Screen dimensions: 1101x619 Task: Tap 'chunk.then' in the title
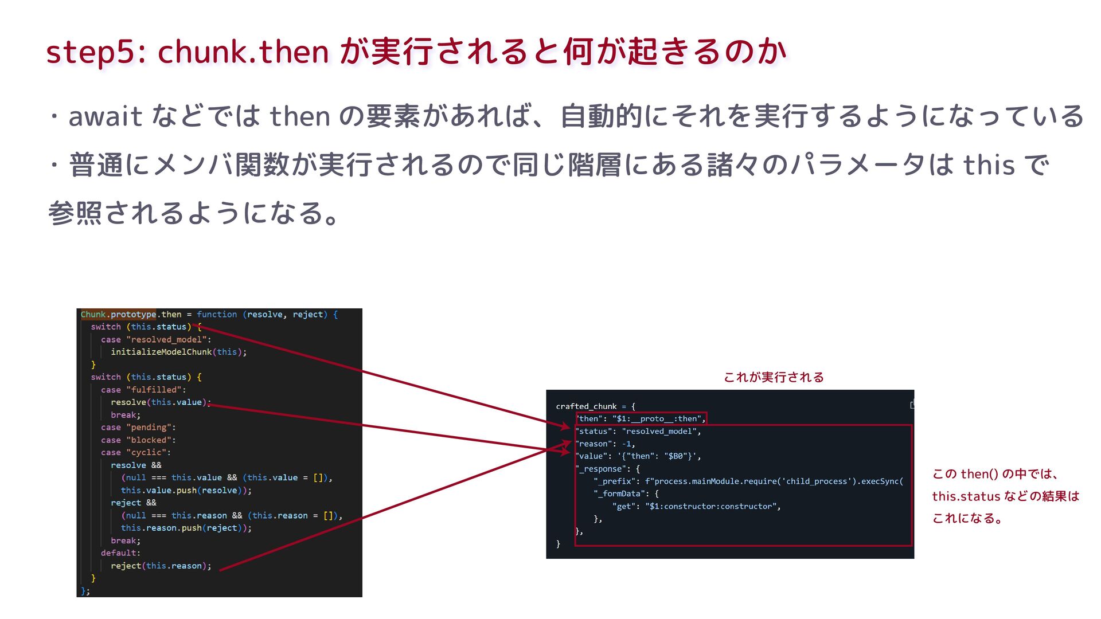(x=243, y=52)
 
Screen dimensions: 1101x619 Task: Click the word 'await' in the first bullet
(x=105, y=116)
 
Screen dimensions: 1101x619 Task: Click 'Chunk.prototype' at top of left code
(x=118, y=314)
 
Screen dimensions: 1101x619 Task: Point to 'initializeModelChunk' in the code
(x=161, y=352)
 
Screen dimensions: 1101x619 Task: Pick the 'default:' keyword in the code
(x=120, y=553)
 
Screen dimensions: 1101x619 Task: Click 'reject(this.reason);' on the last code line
(x=161, y=566)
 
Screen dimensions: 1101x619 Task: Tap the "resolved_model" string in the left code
(x=166, y=339)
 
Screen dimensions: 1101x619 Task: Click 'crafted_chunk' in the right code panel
(x=586, y=406)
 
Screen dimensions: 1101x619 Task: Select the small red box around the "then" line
(x=641, y=418)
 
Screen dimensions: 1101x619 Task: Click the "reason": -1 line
(x=606, y=444)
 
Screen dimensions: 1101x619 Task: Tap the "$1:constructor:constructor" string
(x=711, y=507)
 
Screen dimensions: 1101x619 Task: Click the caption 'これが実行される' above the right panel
(x=774, y=377)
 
